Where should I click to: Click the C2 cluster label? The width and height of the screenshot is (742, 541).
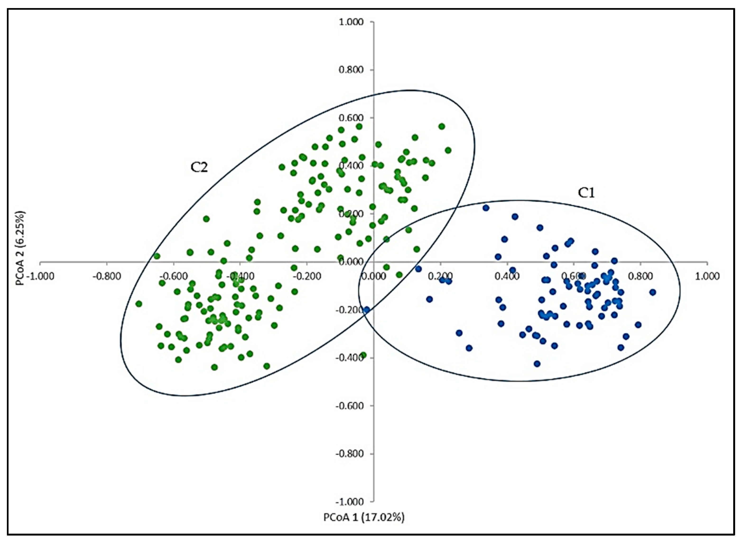click(199, 168)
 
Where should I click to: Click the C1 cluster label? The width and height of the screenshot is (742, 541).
click(586, 193)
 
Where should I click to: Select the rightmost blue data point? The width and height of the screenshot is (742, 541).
click(653, 292)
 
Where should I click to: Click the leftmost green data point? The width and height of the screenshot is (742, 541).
click(139, 304)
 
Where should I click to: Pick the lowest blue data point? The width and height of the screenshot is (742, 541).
click(537, 364)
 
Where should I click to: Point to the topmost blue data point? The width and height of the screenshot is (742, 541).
click(486, 208)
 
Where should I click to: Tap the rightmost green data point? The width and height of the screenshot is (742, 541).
click(448, 150)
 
